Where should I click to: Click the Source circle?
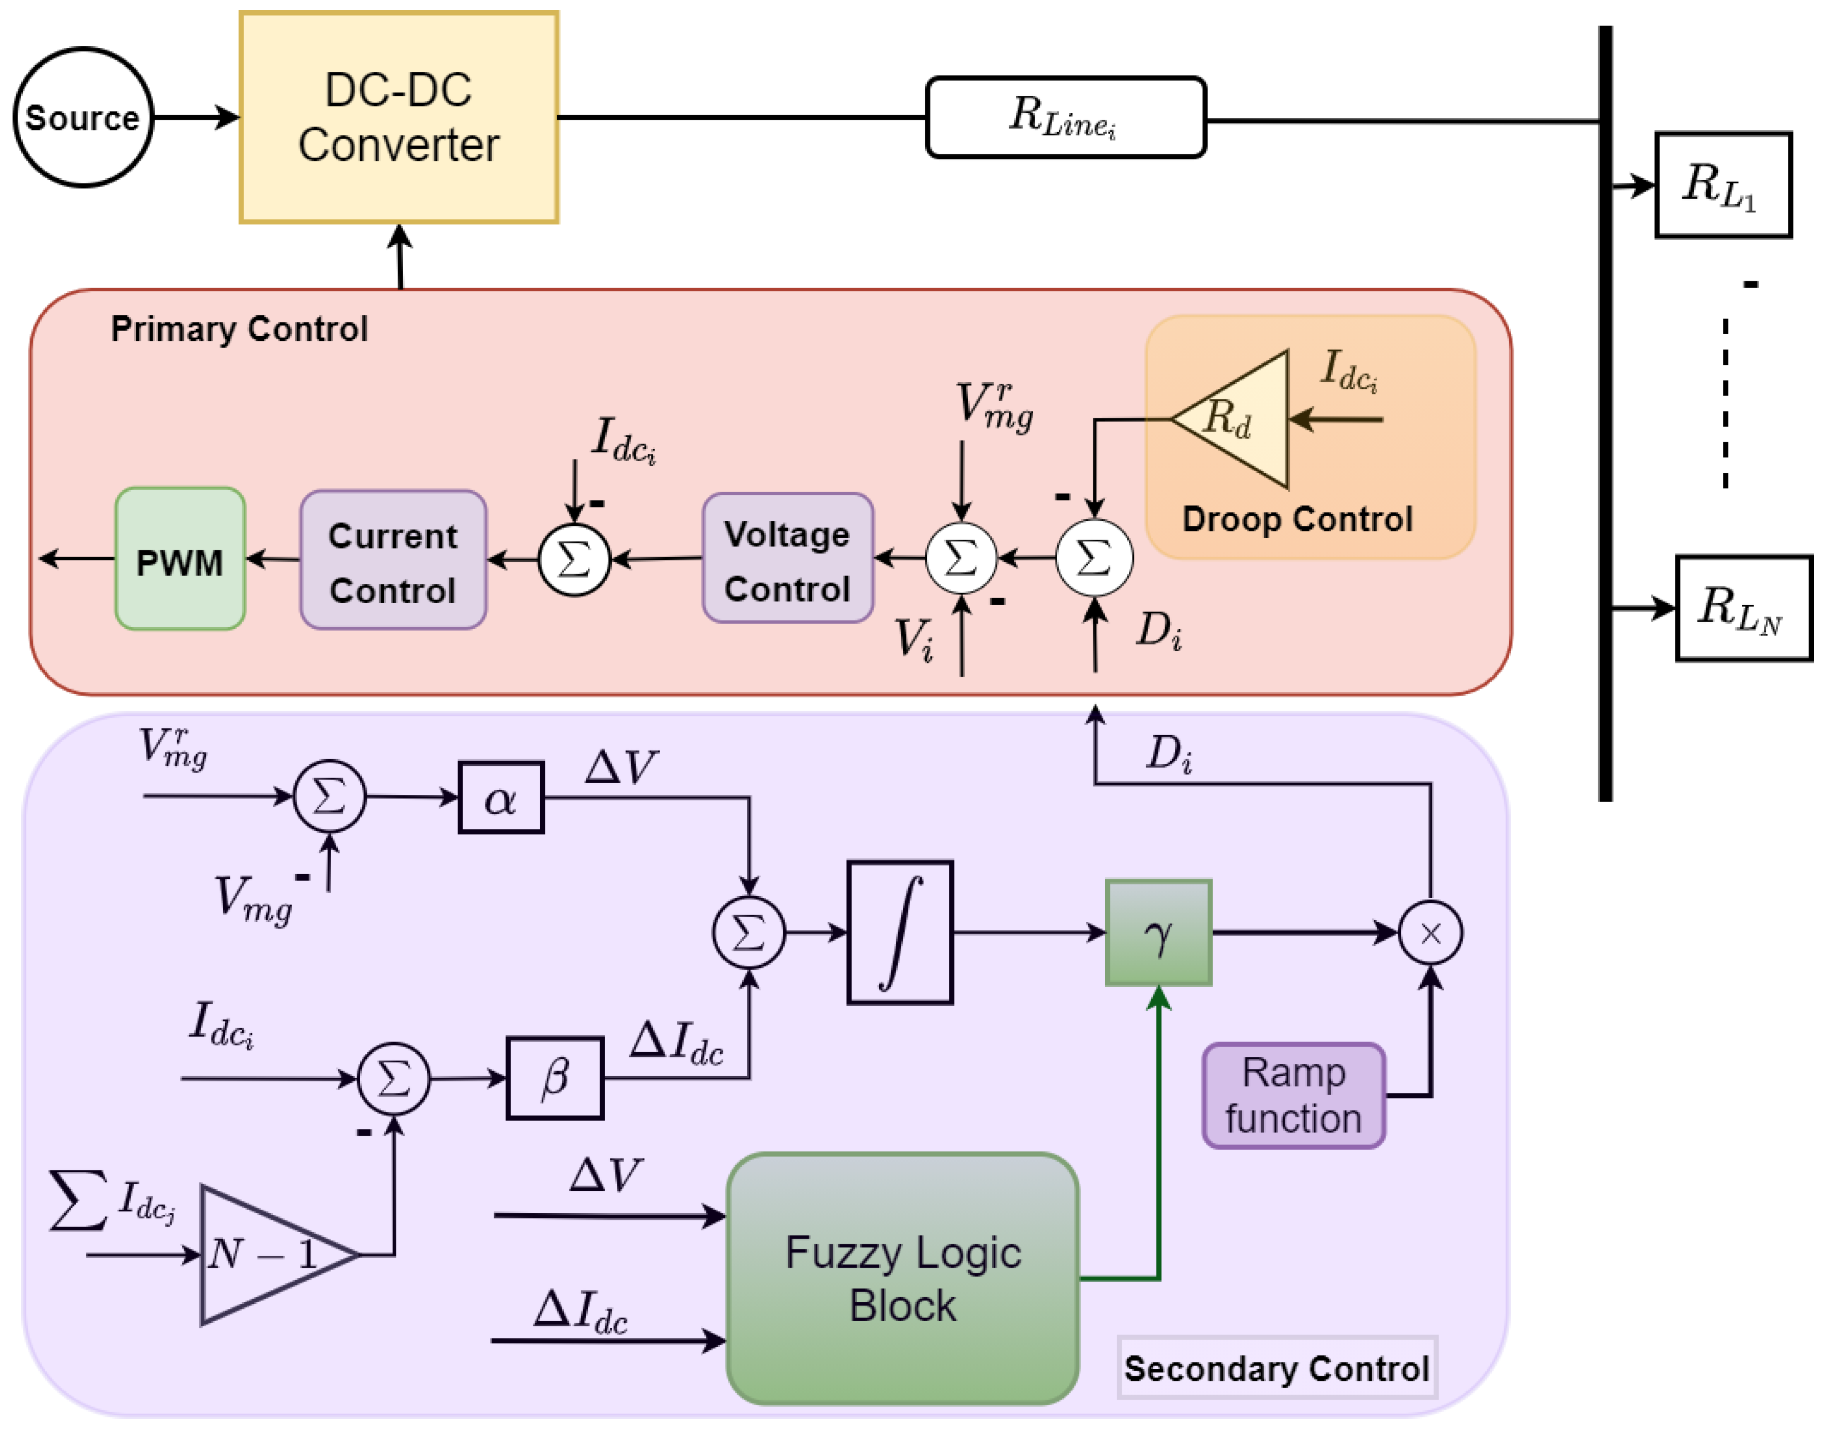[83, 118]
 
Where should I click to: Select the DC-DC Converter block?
[399, 118]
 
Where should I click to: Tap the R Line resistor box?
[1065, 118]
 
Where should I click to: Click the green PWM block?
[180, 559]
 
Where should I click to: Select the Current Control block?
[393, 560]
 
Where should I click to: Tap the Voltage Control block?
[788, 559]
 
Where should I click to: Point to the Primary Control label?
[240, 329]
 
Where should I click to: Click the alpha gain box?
[501, 798]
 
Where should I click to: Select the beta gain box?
[555, 1078]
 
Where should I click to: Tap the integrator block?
[900, 932]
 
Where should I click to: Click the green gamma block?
[1158, 932]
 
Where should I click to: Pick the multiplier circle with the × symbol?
[1431, 933]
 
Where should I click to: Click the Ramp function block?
[1293, 1096]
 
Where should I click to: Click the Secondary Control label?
[1276, 1369]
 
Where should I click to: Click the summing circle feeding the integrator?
[748, 932]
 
